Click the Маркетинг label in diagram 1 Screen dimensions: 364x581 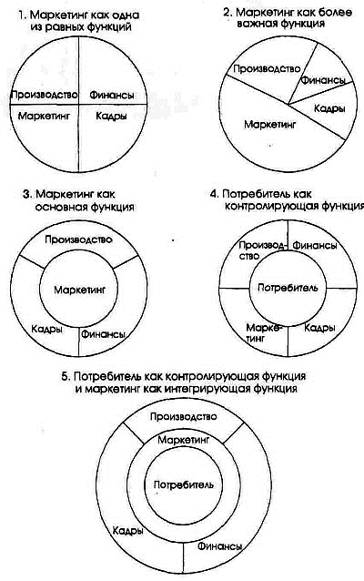(44, 116)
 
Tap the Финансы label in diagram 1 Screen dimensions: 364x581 (111, 96)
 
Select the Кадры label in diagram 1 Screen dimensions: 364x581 (111, 117)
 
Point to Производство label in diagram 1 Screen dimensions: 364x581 (44, 95)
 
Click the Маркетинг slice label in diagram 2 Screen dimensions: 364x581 (270, 125)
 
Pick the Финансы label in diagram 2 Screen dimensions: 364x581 (323, 80)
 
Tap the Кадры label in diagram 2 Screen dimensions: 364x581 (329, 108)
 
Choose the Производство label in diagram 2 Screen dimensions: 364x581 (267, 69)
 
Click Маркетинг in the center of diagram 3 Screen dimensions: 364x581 (79, 290)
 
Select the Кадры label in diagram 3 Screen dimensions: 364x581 (46, 329)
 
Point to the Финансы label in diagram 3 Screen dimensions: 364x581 (103, 334)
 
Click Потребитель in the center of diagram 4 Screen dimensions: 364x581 (288, 288)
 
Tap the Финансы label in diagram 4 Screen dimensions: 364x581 (315, 245)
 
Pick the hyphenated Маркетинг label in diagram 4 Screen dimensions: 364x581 (264, 332)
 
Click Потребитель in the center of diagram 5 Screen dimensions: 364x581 (183, 484)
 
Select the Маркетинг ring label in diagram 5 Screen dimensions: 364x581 (184, 440)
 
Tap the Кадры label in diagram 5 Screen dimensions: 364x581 (127, 531)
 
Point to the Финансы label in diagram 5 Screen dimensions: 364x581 (220, 546)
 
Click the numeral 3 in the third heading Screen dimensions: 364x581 (26, 195)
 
